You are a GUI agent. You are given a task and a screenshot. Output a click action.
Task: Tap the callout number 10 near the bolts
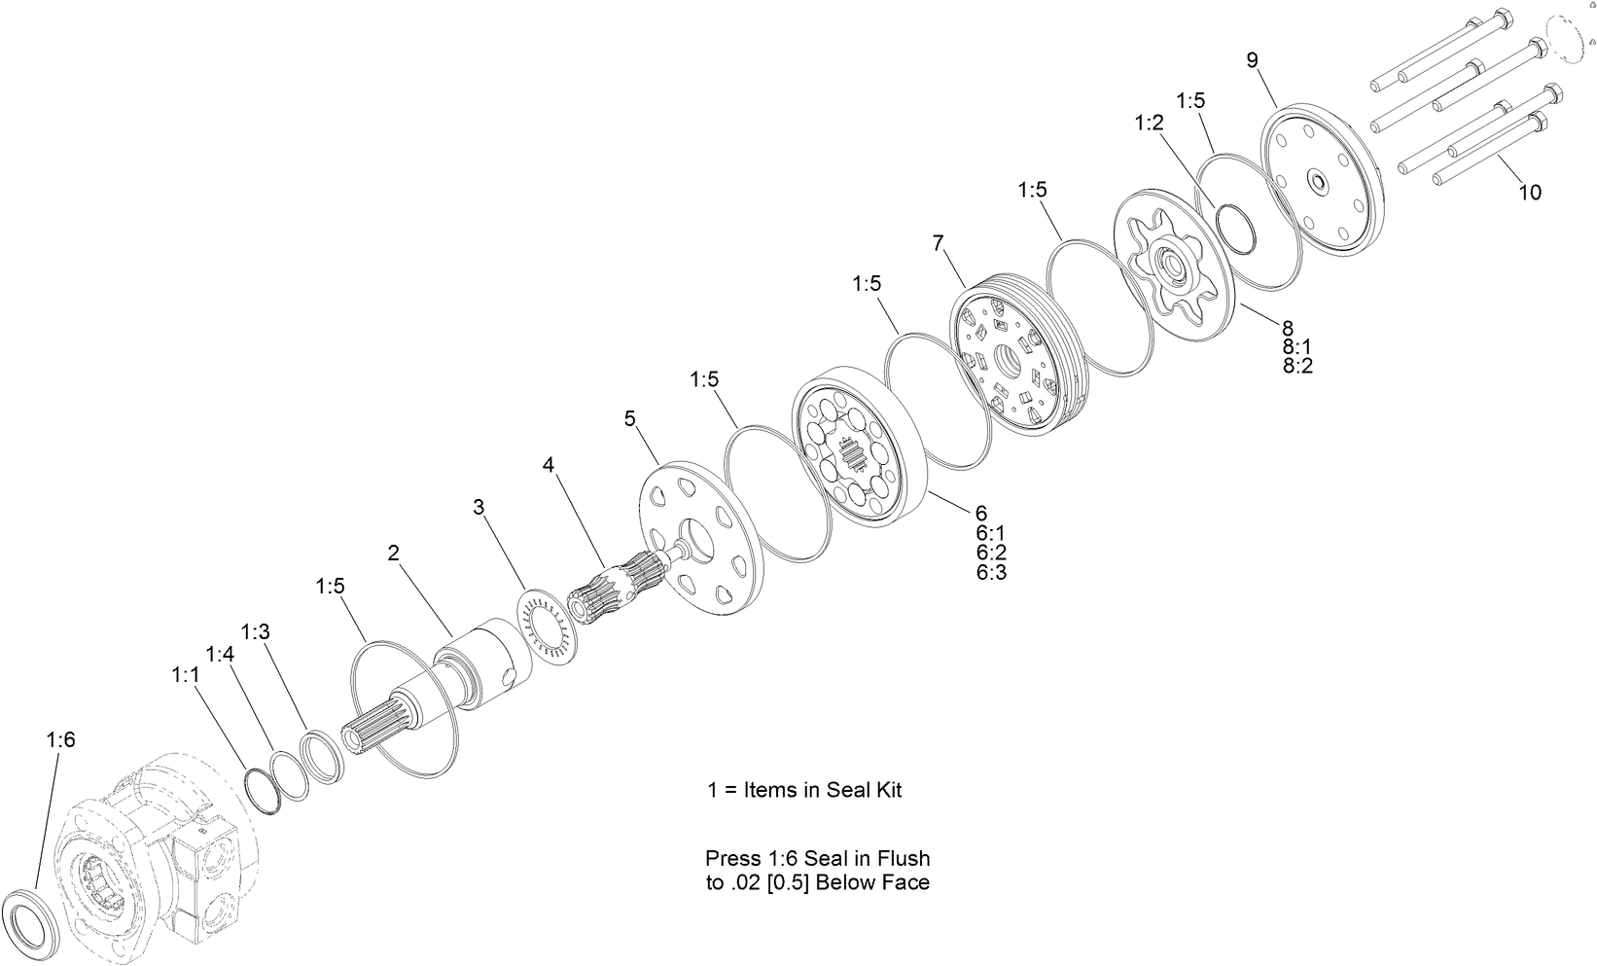pyautogui.click(x=1530, y=193)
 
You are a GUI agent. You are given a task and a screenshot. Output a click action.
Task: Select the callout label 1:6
pyautogui.click(x=60, y=740)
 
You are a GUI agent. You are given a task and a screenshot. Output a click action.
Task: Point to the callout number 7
pyautogui.click(x=938, y=243)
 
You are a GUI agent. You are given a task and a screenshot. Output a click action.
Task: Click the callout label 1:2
pyautogui.click(x=1149, y=124)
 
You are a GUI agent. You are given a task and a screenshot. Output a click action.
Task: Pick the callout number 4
pyautogui.click(x=549, y=465)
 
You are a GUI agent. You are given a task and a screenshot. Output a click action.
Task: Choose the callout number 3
pyautogui.click(x=478, y=507)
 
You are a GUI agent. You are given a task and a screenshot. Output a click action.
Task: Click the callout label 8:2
pyautogui.click(x=1297, y=367)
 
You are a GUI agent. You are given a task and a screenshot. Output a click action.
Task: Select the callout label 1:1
pyautogui.click(x=185, y=674)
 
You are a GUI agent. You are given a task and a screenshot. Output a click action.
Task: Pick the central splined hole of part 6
pyautogui.click(x=853, y=456)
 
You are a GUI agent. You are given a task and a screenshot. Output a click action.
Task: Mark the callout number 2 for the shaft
pyautogui.click(x=393, y=554)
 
